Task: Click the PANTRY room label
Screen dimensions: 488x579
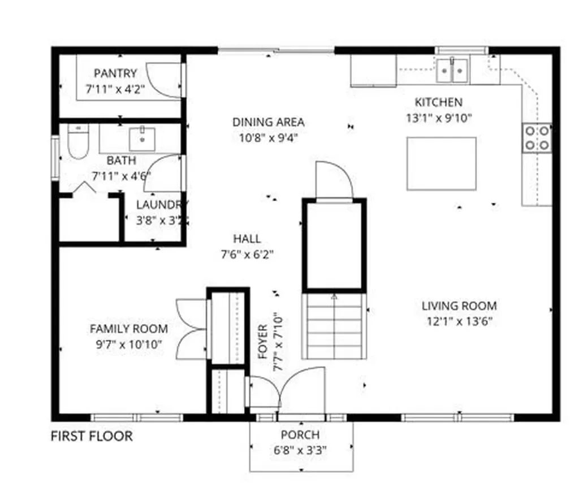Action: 115,73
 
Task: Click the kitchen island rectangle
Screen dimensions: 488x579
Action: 441,163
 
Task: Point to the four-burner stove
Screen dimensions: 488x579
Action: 537,138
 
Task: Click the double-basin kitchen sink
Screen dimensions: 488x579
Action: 453,70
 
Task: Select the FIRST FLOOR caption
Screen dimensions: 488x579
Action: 92,436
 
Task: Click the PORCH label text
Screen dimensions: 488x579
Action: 300,435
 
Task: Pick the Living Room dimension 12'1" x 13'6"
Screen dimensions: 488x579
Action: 460,321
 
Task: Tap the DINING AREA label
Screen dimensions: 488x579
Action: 269,122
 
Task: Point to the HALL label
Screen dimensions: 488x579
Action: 247,239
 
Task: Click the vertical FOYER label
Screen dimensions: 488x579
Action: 263,342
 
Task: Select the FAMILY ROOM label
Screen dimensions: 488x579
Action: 129,329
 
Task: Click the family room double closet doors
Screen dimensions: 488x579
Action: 191,329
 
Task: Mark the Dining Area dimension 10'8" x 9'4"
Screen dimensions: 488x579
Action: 269,137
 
